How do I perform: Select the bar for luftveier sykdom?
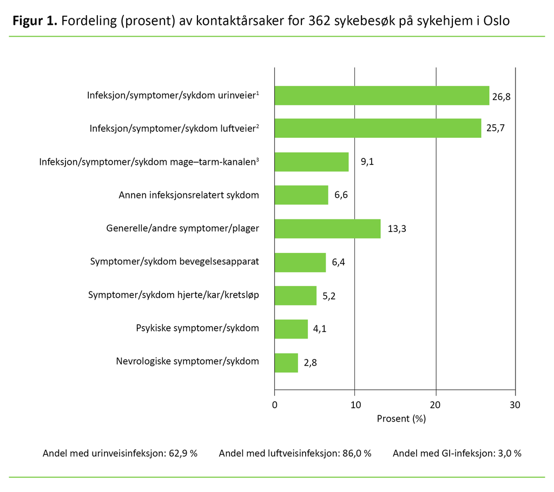point(378,128)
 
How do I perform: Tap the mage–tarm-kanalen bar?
point(312,162)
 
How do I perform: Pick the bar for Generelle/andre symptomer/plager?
point(327,229)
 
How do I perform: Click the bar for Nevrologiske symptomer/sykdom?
point(286,363)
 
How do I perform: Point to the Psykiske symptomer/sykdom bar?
point(291,329)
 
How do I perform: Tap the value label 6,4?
point(338,263)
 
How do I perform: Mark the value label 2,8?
point(310,363)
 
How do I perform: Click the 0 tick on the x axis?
point(275,405)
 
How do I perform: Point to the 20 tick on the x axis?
point(436,405)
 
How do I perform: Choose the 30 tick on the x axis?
point(515,405)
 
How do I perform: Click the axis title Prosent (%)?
point(401,418)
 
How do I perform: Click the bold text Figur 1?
point(35,22)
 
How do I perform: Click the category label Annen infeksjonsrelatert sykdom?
point(189,195)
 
